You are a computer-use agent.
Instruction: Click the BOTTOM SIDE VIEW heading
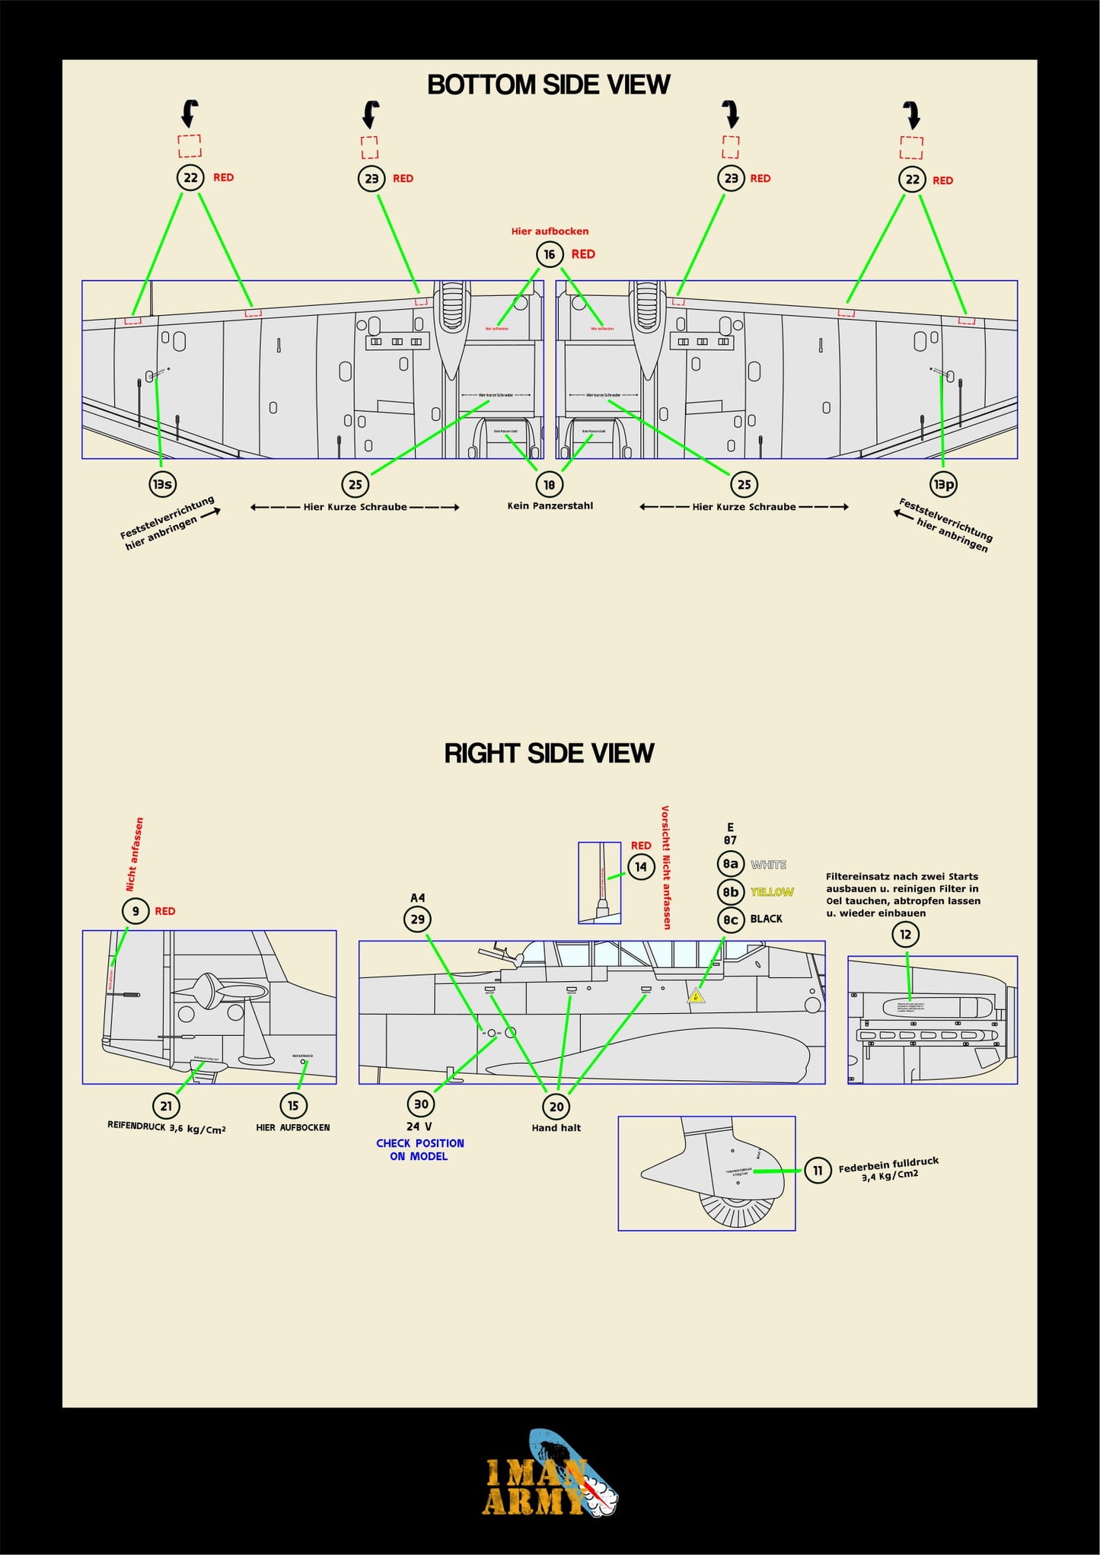tap(548, 84)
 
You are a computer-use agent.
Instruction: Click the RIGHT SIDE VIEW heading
tap(548, 754)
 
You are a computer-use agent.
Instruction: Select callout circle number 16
tap(549, 254)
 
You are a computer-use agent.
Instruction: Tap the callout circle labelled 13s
tap(162, 484)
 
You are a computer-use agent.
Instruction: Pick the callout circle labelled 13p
tap(943, 484)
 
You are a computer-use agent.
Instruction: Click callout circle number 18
tap(549, 484)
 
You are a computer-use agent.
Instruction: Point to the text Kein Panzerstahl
tap(550, 506)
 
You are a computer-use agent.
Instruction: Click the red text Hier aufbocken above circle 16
tap(550, 231)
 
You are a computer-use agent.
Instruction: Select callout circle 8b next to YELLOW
tap(730, 892)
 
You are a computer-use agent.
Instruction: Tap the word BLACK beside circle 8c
tap(766, 919)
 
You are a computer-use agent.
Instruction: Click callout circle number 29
tap(418, 919)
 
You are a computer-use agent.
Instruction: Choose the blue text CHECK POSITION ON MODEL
tap(419, 1149)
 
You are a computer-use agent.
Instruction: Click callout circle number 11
tap(818, 1171)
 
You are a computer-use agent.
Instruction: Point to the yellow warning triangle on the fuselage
tap(695, 996)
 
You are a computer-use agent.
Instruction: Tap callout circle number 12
tap(905, 935)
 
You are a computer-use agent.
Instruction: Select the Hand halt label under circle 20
tap(556, 1128)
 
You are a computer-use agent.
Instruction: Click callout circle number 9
tap(136, 911)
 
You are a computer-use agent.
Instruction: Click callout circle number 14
tap(641, 867)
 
